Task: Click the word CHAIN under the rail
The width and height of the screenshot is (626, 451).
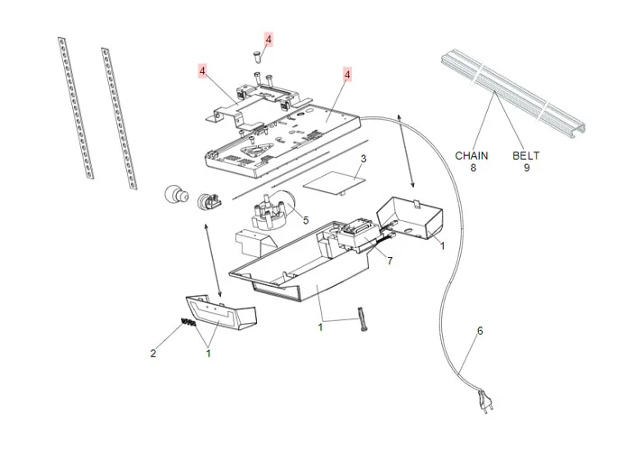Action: (471, 155)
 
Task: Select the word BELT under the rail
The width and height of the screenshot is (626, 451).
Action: (527, 155)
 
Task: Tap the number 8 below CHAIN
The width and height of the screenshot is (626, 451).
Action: (471, 167)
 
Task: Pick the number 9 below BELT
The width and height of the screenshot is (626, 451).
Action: (527, 167)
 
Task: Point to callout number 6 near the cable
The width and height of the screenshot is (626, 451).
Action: (480, 331)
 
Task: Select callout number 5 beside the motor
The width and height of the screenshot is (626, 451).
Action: (305, 219)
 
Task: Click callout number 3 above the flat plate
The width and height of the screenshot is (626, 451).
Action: (363, 160)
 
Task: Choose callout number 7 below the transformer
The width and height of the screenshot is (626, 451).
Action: (389, 261)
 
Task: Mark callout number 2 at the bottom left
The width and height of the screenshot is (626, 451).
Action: (153, 354)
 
